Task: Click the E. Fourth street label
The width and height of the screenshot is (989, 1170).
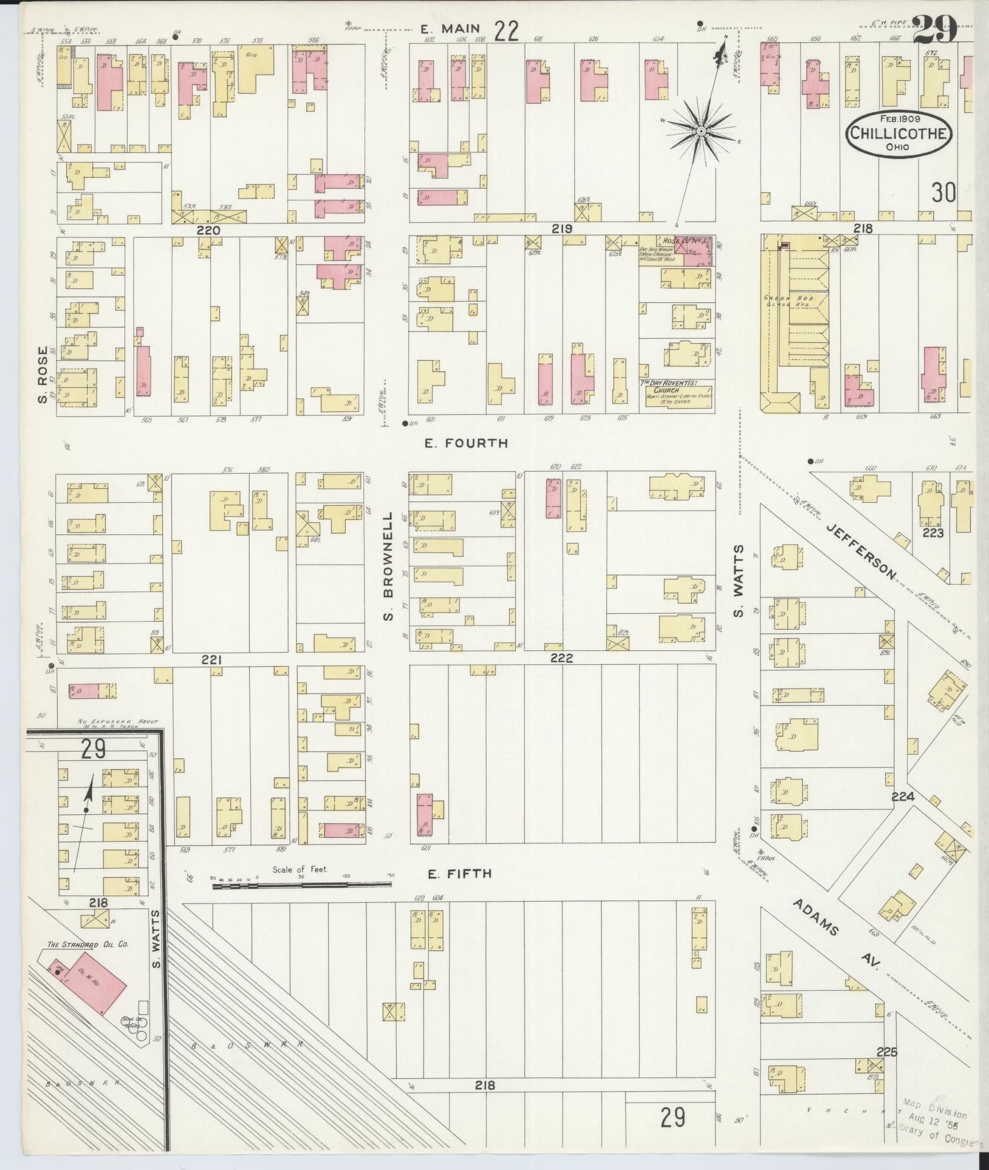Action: pos(466,444)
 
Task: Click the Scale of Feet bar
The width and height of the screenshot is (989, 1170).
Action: pos(301,886)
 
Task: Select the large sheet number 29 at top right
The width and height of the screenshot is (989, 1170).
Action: pos(934,29)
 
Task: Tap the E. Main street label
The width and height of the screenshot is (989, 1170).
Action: pos(451,28)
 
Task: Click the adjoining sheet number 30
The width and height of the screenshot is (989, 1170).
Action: pos(944,192)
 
